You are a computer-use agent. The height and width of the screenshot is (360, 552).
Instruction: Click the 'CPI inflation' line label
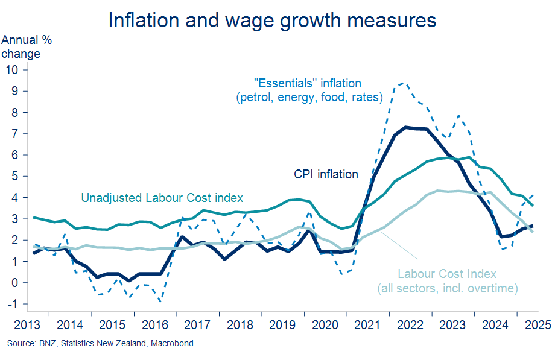click(x=326, y=175)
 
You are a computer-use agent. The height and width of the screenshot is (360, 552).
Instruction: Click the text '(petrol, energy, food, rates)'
click(x=310, y=96)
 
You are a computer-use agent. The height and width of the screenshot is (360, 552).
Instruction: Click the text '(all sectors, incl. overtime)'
click(x=447, y=289)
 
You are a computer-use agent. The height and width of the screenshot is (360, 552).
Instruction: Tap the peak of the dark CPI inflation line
click(x=405, y=127)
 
